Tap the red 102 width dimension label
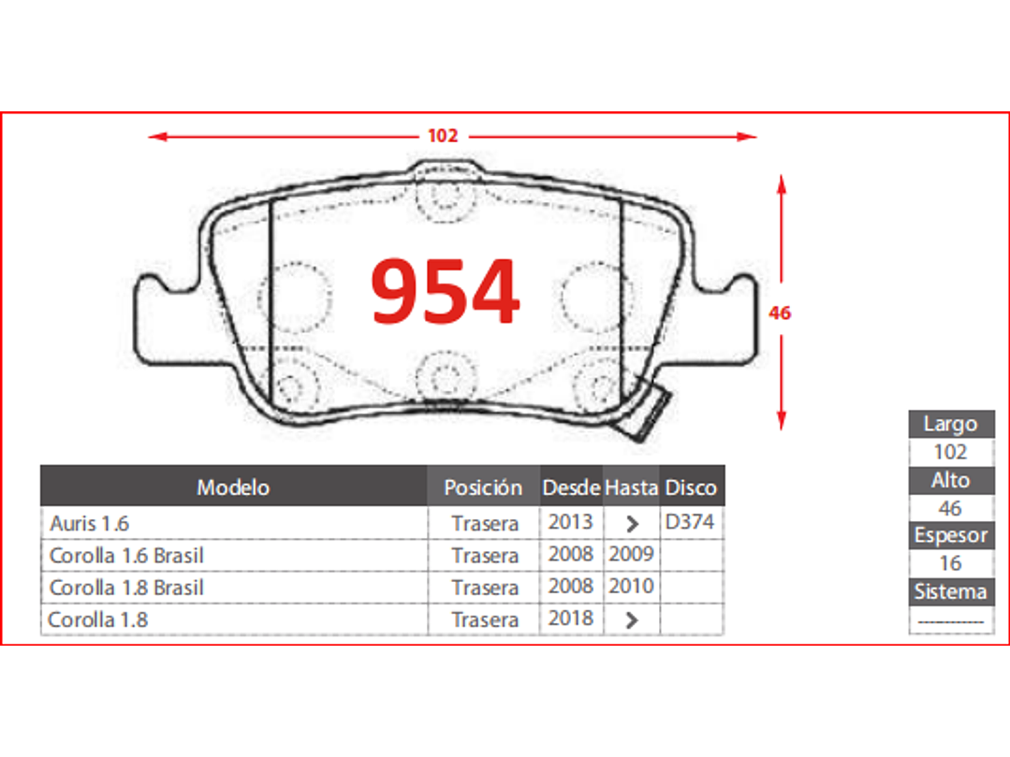coord(443,136)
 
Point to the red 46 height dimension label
coord(780,313)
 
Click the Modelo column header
coord(233,488)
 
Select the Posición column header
coord(483,488)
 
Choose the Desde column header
coord(571,488)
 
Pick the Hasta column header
coord(631,488)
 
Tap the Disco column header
coord(691,488)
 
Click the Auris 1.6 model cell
coord(90,523)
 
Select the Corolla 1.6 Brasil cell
coord(126,556)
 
